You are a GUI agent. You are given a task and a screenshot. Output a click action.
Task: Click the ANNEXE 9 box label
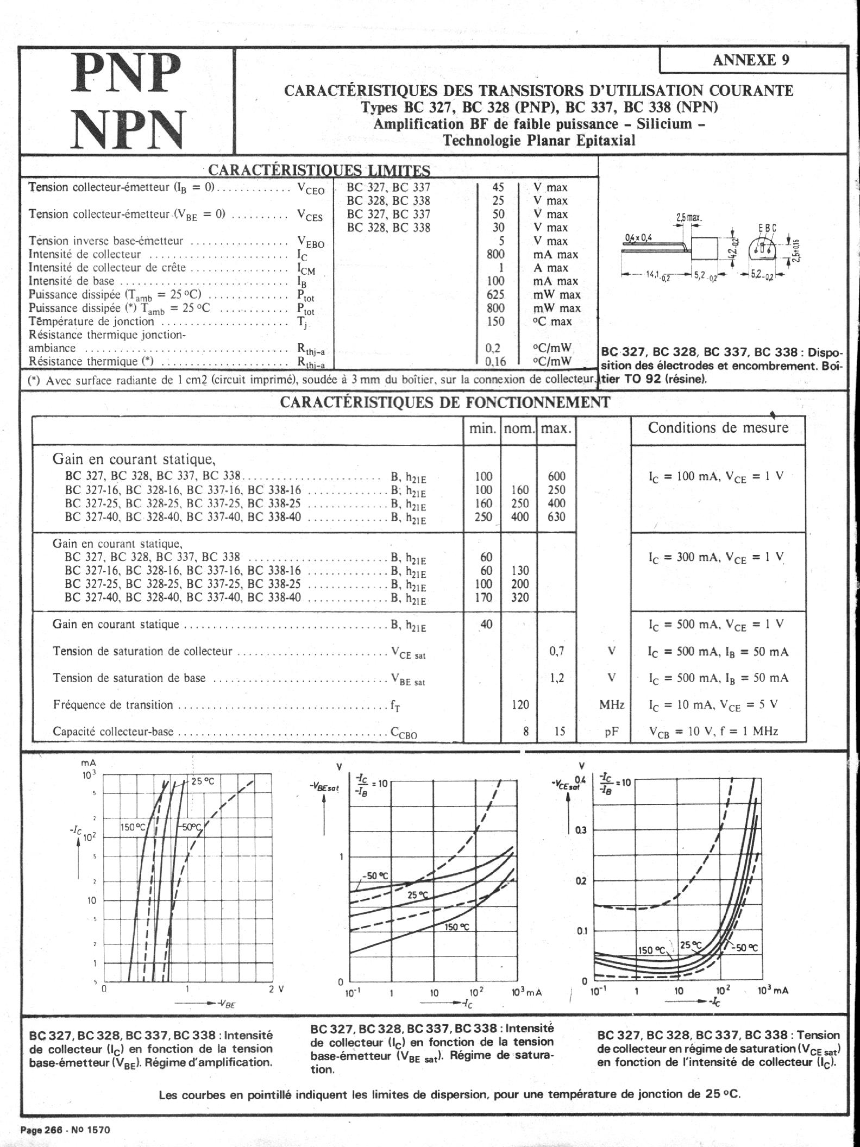pyautogui.click(x=751, y=60)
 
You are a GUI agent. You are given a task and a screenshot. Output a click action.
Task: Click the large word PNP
pyautogui.click(x=127, y=74)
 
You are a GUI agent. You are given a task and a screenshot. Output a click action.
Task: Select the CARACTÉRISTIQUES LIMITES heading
pyautogui.click(x=319, y=170)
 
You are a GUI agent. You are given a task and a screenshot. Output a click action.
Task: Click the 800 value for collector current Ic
pyautogui.click(x=495, y=254)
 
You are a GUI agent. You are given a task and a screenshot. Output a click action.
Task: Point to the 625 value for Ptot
pyautogui.click(x=495, y=294)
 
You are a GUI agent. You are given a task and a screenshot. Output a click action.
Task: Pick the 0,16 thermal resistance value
pyautogui.click(x=495, y=361)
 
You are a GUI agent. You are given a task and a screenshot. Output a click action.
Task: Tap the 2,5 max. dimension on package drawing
pyautogui.click(x=688, y=218)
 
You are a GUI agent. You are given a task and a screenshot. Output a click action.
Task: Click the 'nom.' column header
pyautogui.click(x=519, y=428)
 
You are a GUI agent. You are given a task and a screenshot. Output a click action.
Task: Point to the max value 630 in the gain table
pyautogui.click(x=556, y=516)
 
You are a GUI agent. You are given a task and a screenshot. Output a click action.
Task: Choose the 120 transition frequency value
pyautogui.click(x=520, y=705)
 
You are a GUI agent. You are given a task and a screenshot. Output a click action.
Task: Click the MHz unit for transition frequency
pyautogui.click(x=612, y=705)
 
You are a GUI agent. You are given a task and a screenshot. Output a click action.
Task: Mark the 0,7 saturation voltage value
pyautogui.click(x=557, y=651)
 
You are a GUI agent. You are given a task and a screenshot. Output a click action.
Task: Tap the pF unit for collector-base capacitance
pyautogui.click(x=612, y=732)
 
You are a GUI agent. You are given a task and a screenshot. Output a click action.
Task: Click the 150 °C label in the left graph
pyautogui.click(x=133, y=828)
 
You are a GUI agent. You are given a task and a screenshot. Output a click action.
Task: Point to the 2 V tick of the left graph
pyautogui.click(x=276, y=989)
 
